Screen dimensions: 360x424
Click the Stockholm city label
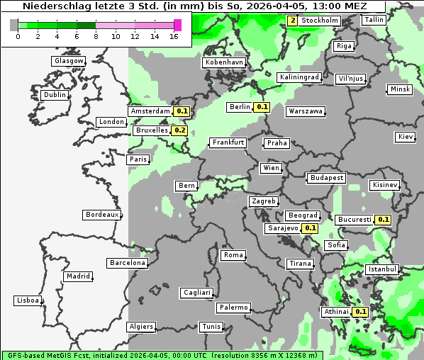tap(320, 21)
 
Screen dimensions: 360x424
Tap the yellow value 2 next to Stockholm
tap(292, 21)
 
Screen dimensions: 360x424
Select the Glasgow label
tap(69, 61)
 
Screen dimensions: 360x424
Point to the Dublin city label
tap(55, 95)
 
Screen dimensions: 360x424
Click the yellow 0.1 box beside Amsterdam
tap(182, 111)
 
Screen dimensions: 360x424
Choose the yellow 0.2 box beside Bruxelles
tap(180, 130)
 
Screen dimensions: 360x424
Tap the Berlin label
tap(240, 107)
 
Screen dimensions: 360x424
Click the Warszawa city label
tap(306, 111)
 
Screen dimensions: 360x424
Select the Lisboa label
tap(28, 300)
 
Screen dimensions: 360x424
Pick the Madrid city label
tap(77, 276)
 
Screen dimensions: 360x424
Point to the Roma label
tap(233, 255)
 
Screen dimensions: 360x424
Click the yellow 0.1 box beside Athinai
tap(360, 312)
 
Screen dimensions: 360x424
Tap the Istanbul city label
tap(382, 269)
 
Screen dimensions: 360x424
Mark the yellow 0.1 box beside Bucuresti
tap(384, 220)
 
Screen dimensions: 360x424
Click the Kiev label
tap(406, 136)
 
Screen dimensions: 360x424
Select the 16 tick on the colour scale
tap(174, 36)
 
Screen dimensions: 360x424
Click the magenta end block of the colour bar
tap(177, 25)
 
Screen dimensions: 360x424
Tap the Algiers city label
tap(140, 327)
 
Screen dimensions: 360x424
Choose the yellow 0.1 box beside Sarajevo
tap(310, 228)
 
